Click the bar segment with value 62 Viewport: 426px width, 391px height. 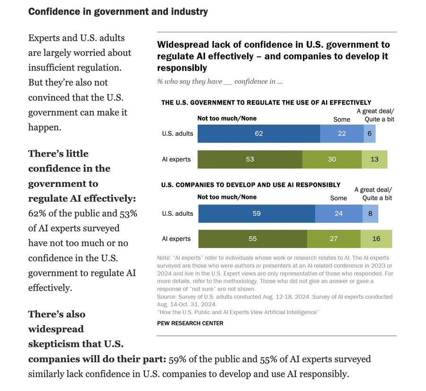258,133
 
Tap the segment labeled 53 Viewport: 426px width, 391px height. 250,159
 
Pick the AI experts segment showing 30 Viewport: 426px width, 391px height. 332,159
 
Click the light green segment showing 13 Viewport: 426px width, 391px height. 374,159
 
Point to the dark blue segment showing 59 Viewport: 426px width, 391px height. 257,213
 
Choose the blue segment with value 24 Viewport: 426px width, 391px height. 339,213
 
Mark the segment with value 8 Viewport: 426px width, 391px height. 370,213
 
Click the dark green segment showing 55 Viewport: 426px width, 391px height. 253,239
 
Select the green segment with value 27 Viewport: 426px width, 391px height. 334,239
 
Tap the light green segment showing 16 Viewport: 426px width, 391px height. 376,239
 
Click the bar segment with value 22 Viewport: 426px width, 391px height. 342,133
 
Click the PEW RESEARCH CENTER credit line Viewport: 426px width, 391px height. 190,323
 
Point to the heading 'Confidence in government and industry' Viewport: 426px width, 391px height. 118,11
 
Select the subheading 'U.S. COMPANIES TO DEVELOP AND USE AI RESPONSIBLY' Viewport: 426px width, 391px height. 251,185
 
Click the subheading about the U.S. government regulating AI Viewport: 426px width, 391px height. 266,102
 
